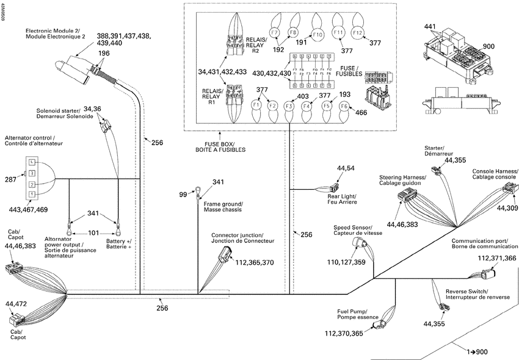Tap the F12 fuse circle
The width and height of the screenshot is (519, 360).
[x=358, y=32]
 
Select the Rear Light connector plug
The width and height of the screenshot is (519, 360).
[x=335, y=187]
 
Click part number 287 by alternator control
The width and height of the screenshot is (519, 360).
[x=10, y=179]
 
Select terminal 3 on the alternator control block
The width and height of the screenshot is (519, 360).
[x=31, y=173]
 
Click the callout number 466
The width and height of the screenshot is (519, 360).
[x=361, y=112]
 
